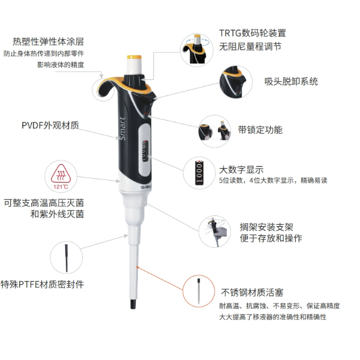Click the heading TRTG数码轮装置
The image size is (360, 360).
[x=253, y=33]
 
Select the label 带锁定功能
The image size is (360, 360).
[x=260, y=129]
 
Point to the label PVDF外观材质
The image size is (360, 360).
[x=49, y=126]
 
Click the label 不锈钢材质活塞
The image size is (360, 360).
[x=251, y=293]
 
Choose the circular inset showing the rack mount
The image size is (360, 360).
[x=213, y=232]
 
